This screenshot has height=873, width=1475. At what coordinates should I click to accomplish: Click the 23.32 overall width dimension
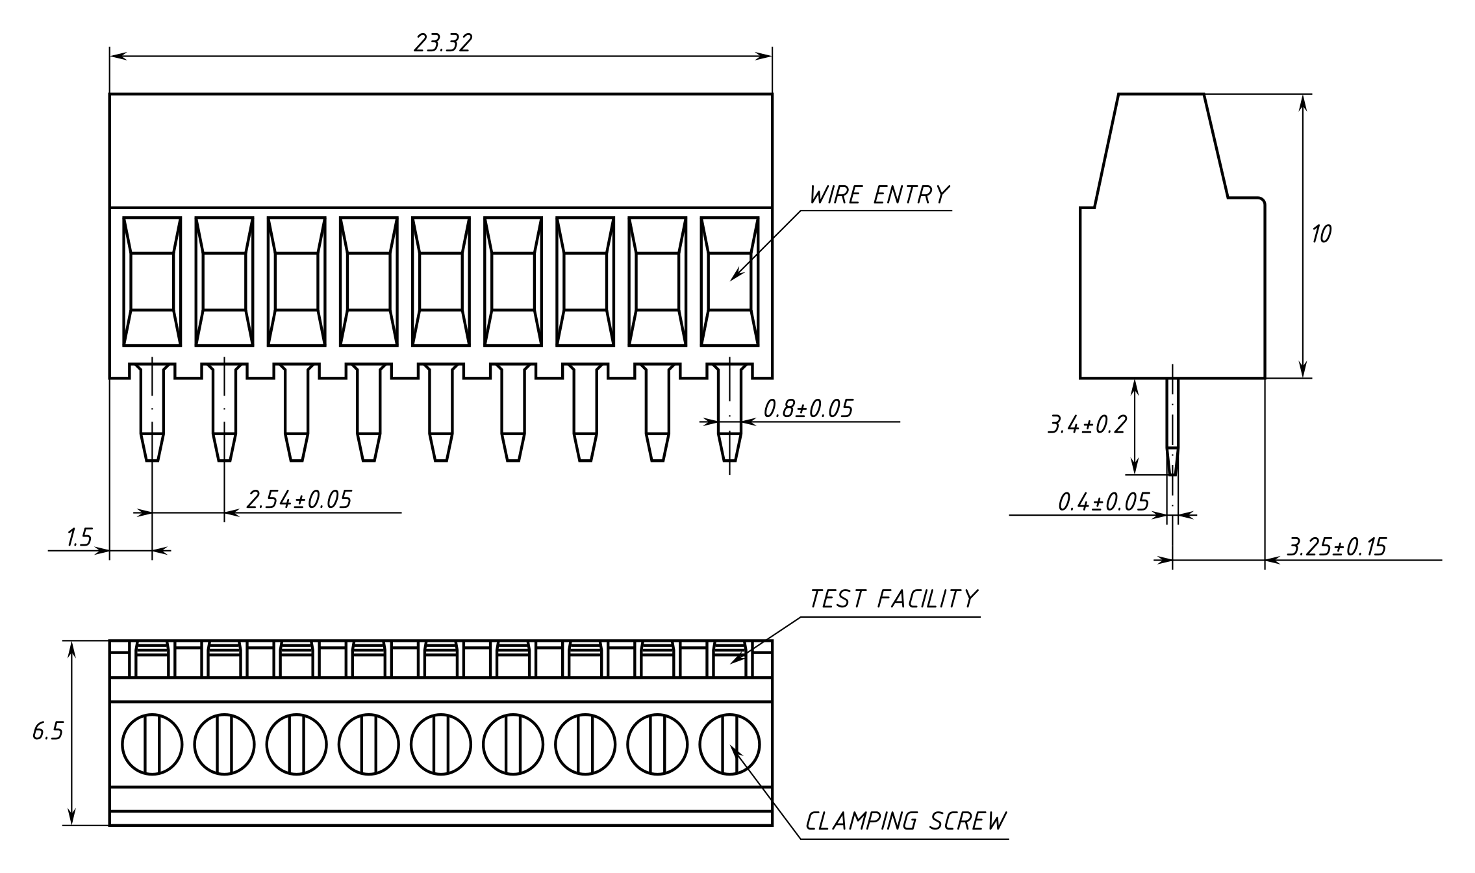[443, 43]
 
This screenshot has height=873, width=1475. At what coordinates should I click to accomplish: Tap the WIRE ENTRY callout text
[879, 195]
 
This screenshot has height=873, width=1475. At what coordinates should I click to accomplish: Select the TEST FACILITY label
[893, 599]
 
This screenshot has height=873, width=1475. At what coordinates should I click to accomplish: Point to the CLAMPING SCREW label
[905, 821]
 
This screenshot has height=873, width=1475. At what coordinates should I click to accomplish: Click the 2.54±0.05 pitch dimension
[299, 500]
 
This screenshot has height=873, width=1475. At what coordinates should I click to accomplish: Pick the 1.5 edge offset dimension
[79, 538]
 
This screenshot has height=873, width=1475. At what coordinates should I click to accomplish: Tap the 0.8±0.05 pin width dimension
[808, 409]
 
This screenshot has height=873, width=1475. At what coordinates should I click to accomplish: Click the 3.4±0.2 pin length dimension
[1087, 425]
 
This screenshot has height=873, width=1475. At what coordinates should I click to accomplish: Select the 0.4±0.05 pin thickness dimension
[1103, 502]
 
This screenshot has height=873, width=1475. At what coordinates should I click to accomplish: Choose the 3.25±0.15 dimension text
[1337, 547]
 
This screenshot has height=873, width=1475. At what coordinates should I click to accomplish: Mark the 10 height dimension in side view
[1320, 234]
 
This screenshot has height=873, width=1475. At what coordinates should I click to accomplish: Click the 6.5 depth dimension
[47, 732]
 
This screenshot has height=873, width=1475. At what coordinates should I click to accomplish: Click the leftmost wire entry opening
[152, 281]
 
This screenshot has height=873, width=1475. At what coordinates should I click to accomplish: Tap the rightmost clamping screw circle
[729, 744]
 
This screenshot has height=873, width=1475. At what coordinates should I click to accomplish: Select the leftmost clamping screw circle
[152, 744]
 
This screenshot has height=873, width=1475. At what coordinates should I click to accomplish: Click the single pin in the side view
[1172, 426]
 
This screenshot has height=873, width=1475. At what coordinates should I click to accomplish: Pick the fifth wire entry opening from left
[440, 281]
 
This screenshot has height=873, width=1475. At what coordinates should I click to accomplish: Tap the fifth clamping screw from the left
[440, 744]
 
